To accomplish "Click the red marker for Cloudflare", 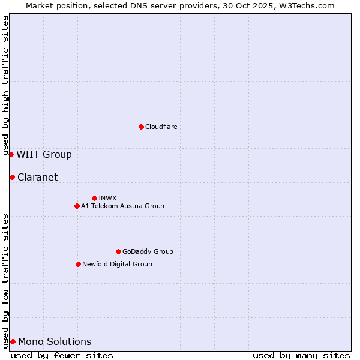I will (141, 127).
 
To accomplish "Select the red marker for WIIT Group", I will (11, 154).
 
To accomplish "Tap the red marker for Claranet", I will (12, 177).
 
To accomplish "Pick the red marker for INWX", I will (94, 198).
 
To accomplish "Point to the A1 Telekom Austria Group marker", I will (77, 206).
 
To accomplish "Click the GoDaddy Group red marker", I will (118, 251).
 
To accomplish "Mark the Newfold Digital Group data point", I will (78, 264).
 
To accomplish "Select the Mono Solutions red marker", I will (13, 341).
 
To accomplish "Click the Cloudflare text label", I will (161, 127).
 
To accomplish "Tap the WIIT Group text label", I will (44, 154).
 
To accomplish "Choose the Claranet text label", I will (37, 177).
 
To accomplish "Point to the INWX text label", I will (107, 198).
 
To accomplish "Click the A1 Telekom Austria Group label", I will (122, 206).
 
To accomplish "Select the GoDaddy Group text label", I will (148, 251).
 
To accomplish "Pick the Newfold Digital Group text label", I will (117, 264).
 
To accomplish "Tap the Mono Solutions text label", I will (55, 341).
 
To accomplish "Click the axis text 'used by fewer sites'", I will (62, 355).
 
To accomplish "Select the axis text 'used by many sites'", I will (301, 355).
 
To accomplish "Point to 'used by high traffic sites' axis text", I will (5, 85).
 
